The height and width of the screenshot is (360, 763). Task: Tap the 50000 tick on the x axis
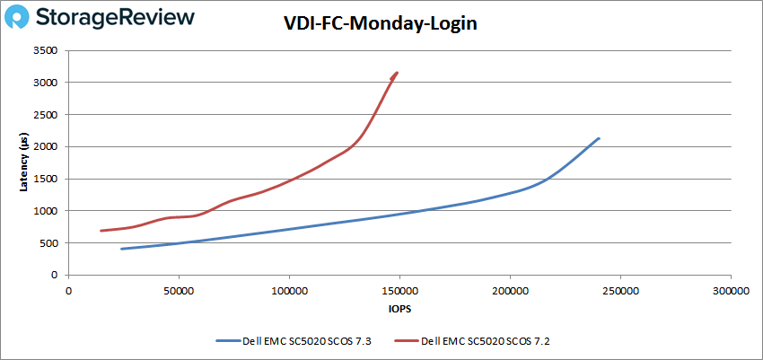coord(179,292)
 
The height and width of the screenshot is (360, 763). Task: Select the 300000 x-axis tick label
coord(729,292)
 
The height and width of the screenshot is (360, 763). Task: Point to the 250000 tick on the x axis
coord(619,292)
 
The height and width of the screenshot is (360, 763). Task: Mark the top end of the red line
coord(397,73)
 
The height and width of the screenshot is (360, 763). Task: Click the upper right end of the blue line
coord(599,138)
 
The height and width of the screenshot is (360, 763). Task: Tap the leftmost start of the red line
coord(101,231)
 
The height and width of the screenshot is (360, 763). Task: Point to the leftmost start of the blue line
coord(121,249)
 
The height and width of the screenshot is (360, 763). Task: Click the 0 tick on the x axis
coord(68,292)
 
